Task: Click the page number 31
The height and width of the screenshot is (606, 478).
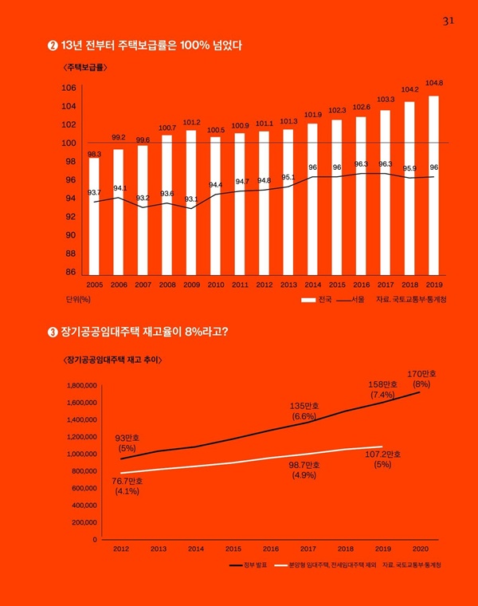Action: click(x=447, y=22)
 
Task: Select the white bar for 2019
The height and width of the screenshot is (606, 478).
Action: click(x=434, y=183)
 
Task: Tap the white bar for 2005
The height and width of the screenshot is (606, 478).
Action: click(x=94, y=215)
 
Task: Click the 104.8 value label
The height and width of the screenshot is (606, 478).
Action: click(x=434, y=83)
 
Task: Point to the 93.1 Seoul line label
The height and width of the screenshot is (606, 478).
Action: click(x=191, y=199)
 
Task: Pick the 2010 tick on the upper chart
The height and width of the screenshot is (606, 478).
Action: click(x=215, y=284)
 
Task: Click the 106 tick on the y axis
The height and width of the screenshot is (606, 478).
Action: click(x=69, y=88)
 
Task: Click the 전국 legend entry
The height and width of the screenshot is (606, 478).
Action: click(x=316, y=300)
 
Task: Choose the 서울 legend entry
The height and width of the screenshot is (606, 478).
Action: click(x=351, y=300)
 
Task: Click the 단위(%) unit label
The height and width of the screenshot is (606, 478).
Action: click(x=78, y=300)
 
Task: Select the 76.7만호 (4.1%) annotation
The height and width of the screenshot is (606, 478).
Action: click(x=127, y=486)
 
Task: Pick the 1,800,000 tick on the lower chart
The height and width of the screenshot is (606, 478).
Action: click(x=78, y=385)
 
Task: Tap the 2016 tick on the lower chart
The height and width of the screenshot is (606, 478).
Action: click(x=271, y=549)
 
